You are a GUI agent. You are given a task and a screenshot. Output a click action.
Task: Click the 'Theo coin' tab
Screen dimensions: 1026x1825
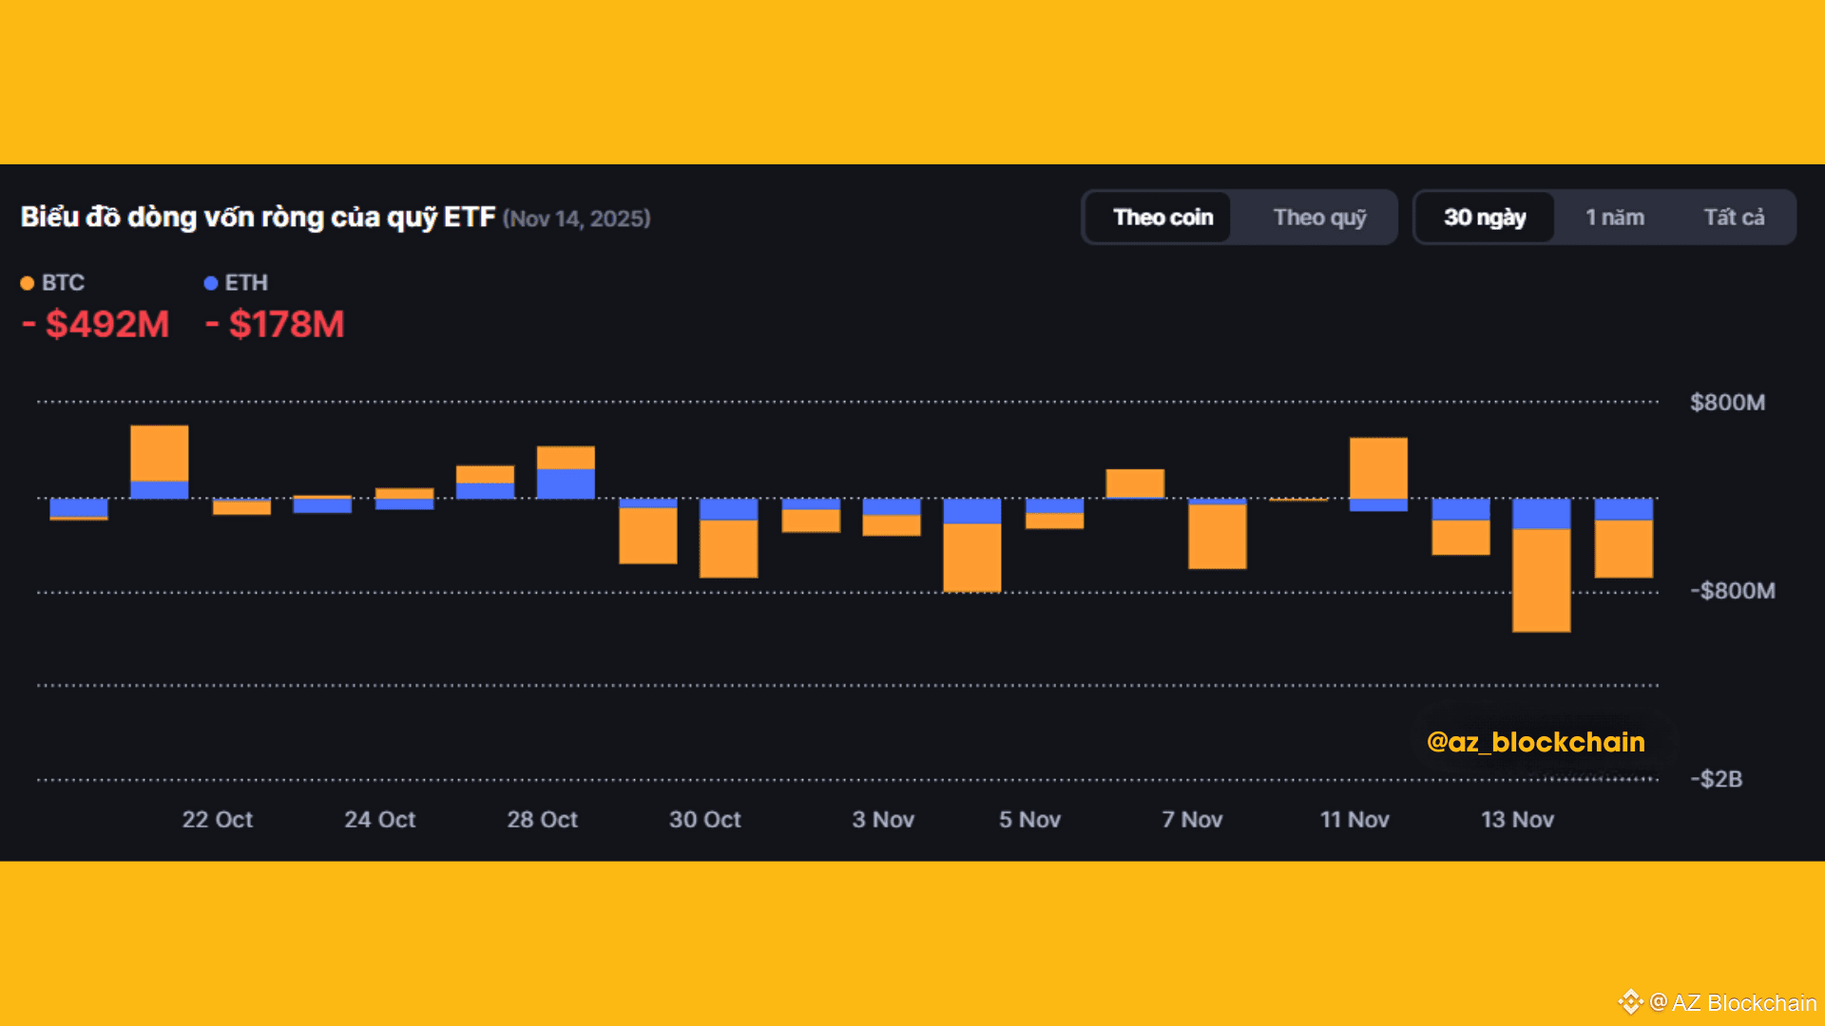(1162, 218)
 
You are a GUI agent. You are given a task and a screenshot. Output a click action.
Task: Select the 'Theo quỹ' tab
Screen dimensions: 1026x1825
(1319, 218)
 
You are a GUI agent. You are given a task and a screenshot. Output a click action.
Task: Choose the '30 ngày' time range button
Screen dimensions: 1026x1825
(1485, 218)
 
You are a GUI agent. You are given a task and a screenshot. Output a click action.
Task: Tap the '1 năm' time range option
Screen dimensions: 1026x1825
(1614, 218)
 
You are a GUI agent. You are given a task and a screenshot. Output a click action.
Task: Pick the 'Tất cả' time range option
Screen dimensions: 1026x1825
(1734, 218)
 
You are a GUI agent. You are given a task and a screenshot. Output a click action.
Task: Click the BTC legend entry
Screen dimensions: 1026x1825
(54, 283)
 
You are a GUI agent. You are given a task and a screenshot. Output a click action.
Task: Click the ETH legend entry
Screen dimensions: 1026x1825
(237, 283)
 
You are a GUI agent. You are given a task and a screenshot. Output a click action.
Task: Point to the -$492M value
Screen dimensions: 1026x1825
(96, 325)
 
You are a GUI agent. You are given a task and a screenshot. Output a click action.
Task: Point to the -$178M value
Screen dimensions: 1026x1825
(276, 325)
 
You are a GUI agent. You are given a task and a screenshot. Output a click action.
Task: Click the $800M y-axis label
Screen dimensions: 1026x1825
(1727, 403)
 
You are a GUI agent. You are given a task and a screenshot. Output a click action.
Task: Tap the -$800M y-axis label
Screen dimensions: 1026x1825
(1732, 591)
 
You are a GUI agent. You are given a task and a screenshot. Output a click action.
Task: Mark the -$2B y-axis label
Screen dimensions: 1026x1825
(1716, 779)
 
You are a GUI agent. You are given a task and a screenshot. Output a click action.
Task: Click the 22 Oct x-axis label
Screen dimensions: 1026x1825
(218, 819)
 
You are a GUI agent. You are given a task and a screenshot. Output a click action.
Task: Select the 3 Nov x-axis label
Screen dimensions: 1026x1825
(883, 819)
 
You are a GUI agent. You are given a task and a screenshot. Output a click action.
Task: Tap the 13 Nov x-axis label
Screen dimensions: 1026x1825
(1517, 819)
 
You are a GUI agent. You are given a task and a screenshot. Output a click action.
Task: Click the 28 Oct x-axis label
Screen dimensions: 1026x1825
(542, 819)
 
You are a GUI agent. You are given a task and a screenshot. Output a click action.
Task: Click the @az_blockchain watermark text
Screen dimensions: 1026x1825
(1535, 742)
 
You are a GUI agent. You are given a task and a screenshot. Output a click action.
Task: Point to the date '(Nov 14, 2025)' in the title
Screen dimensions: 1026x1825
(577, 218)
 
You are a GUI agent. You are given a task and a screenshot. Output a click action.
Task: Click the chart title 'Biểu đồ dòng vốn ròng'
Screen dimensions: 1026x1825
(258, 218)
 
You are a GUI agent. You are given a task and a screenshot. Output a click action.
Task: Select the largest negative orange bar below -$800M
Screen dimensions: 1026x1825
(1541, 579)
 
